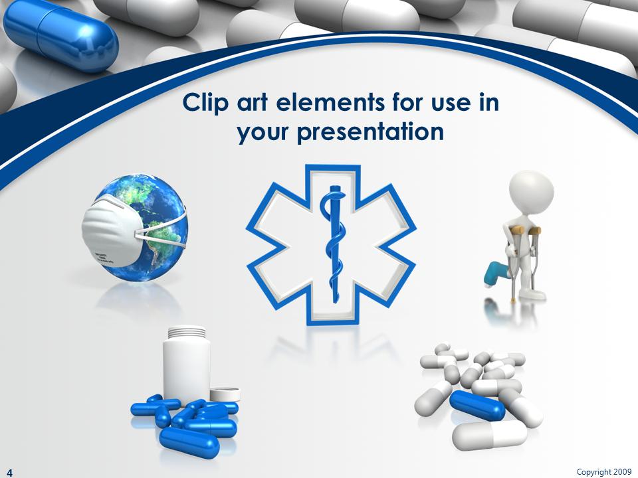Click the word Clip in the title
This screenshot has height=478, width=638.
(203, 104)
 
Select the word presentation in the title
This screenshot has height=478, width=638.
(370, 132)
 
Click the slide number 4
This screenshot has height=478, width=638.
(10, 472)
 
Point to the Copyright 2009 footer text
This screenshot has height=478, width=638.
(603, 471)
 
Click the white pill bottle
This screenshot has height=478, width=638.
(187, 365)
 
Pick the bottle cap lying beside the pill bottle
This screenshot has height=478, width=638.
(225, 394)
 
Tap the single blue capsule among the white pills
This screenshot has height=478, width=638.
(477, 405)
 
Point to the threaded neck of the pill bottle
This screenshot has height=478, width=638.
(187, 331)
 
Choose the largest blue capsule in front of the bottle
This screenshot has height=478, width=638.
(189, 441)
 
